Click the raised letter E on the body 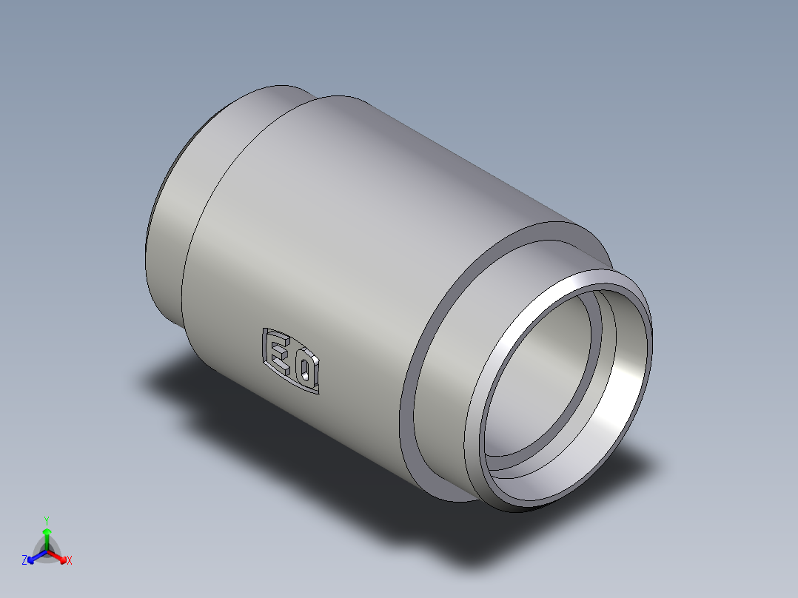click(x=279, y=352)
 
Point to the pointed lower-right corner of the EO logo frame click(x=318, y=392)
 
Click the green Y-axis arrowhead click(x=47, y=532)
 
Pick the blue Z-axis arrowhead click(x=33, y=558)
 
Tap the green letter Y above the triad click(x=47, y=520)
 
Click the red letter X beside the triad click(x=70, y=561)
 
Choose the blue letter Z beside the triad click(x=24, y=561)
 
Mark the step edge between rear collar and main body click(x=194, y=244)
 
